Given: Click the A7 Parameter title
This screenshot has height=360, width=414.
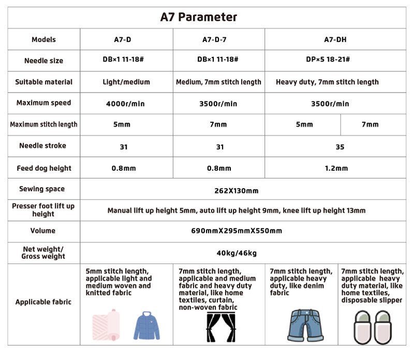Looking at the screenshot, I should click(x=199, y=17).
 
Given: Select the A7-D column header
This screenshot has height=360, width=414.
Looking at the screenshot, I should click(x=124, y=39).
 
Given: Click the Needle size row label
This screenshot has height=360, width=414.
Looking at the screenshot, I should click(x=43, y=61).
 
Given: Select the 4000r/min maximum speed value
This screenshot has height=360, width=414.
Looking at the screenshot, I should click(x=124, y=103).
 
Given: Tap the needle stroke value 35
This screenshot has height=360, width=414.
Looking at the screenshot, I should click(x=339, y=147).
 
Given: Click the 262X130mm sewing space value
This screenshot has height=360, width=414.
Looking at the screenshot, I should click(x=236, y=191).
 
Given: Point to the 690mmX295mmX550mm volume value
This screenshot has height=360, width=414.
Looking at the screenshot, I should click(x=236, y=231).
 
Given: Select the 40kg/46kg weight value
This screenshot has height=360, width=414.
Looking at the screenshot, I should click(x=236, y=253).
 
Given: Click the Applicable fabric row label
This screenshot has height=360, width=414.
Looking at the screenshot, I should click(x=43, y=302).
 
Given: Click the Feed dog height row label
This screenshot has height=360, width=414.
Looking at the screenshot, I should click(x=43, y=168).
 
